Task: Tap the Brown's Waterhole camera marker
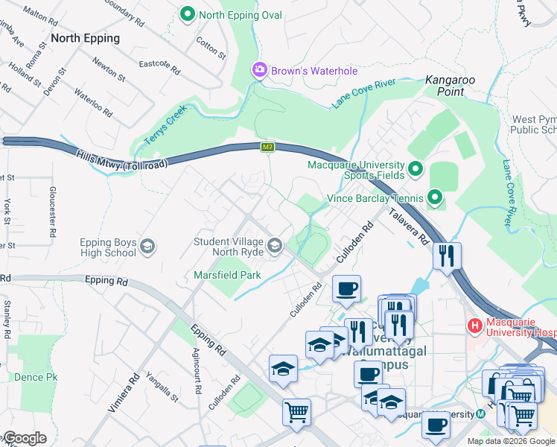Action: (x=260, y=70)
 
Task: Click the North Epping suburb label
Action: (x=85, y=38)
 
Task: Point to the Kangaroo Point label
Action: (x=451, y=85)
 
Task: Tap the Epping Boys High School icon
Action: (x=147, y=246)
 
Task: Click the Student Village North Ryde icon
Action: (x=276, y=245)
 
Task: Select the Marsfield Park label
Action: (x=226, y=275)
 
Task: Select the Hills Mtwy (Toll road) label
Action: (x=121, y=160)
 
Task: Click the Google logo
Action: (x=24, y=438)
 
